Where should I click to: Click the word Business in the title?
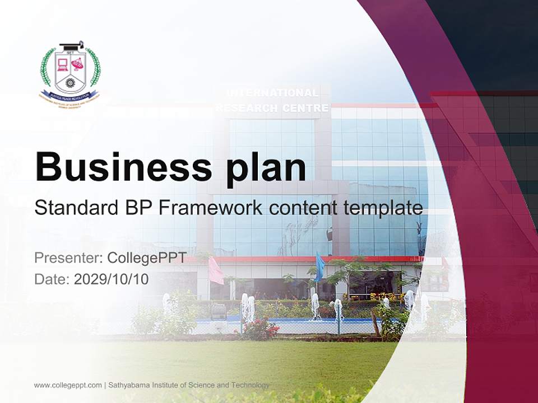click(119, 166)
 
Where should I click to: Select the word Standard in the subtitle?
click(73, 208)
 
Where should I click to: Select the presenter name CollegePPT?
click(146, 258)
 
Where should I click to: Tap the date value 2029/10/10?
click(112, 279)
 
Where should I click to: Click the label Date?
click(52, 279)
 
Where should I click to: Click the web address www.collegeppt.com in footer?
click(68, 385)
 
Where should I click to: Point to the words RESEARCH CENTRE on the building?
click(272, 108)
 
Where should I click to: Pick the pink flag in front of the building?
click(216, 271)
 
